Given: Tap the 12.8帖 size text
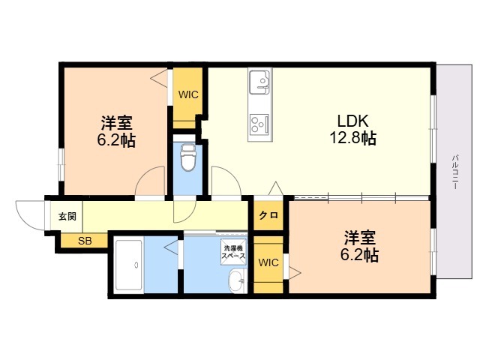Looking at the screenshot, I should (351, 138).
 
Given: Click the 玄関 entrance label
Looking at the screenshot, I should (67, 216).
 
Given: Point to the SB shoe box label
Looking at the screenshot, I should (85, 241).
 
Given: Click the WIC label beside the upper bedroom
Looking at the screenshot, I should (188, 95).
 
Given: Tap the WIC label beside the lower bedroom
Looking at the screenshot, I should (268, 262).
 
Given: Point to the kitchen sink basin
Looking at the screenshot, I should (259, 81).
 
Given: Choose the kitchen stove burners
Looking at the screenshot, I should (259, 122).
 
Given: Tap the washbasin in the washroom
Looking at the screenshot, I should (235, 282).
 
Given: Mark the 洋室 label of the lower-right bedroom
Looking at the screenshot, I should (360, 238).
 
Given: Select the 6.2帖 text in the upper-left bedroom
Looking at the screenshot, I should (116, 140).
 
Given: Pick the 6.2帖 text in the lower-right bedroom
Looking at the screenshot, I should (360, 256).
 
